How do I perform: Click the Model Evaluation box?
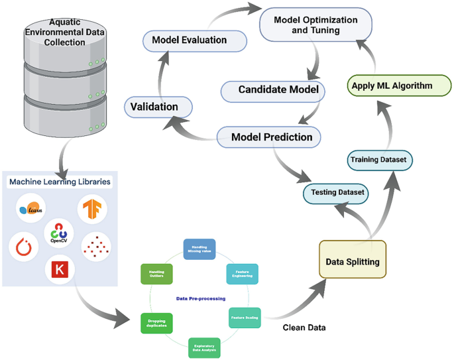tap(190, 40)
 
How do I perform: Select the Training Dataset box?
tap(380, 160)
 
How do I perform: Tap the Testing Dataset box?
tap(335, 193)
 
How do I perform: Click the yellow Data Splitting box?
tap(352, 262)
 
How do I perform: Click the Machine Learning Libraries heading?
tap(60, 181)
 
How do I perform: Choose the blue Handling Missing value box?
tap(199, 249)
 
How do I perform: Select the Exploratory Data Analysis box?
tap(204, 347)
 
